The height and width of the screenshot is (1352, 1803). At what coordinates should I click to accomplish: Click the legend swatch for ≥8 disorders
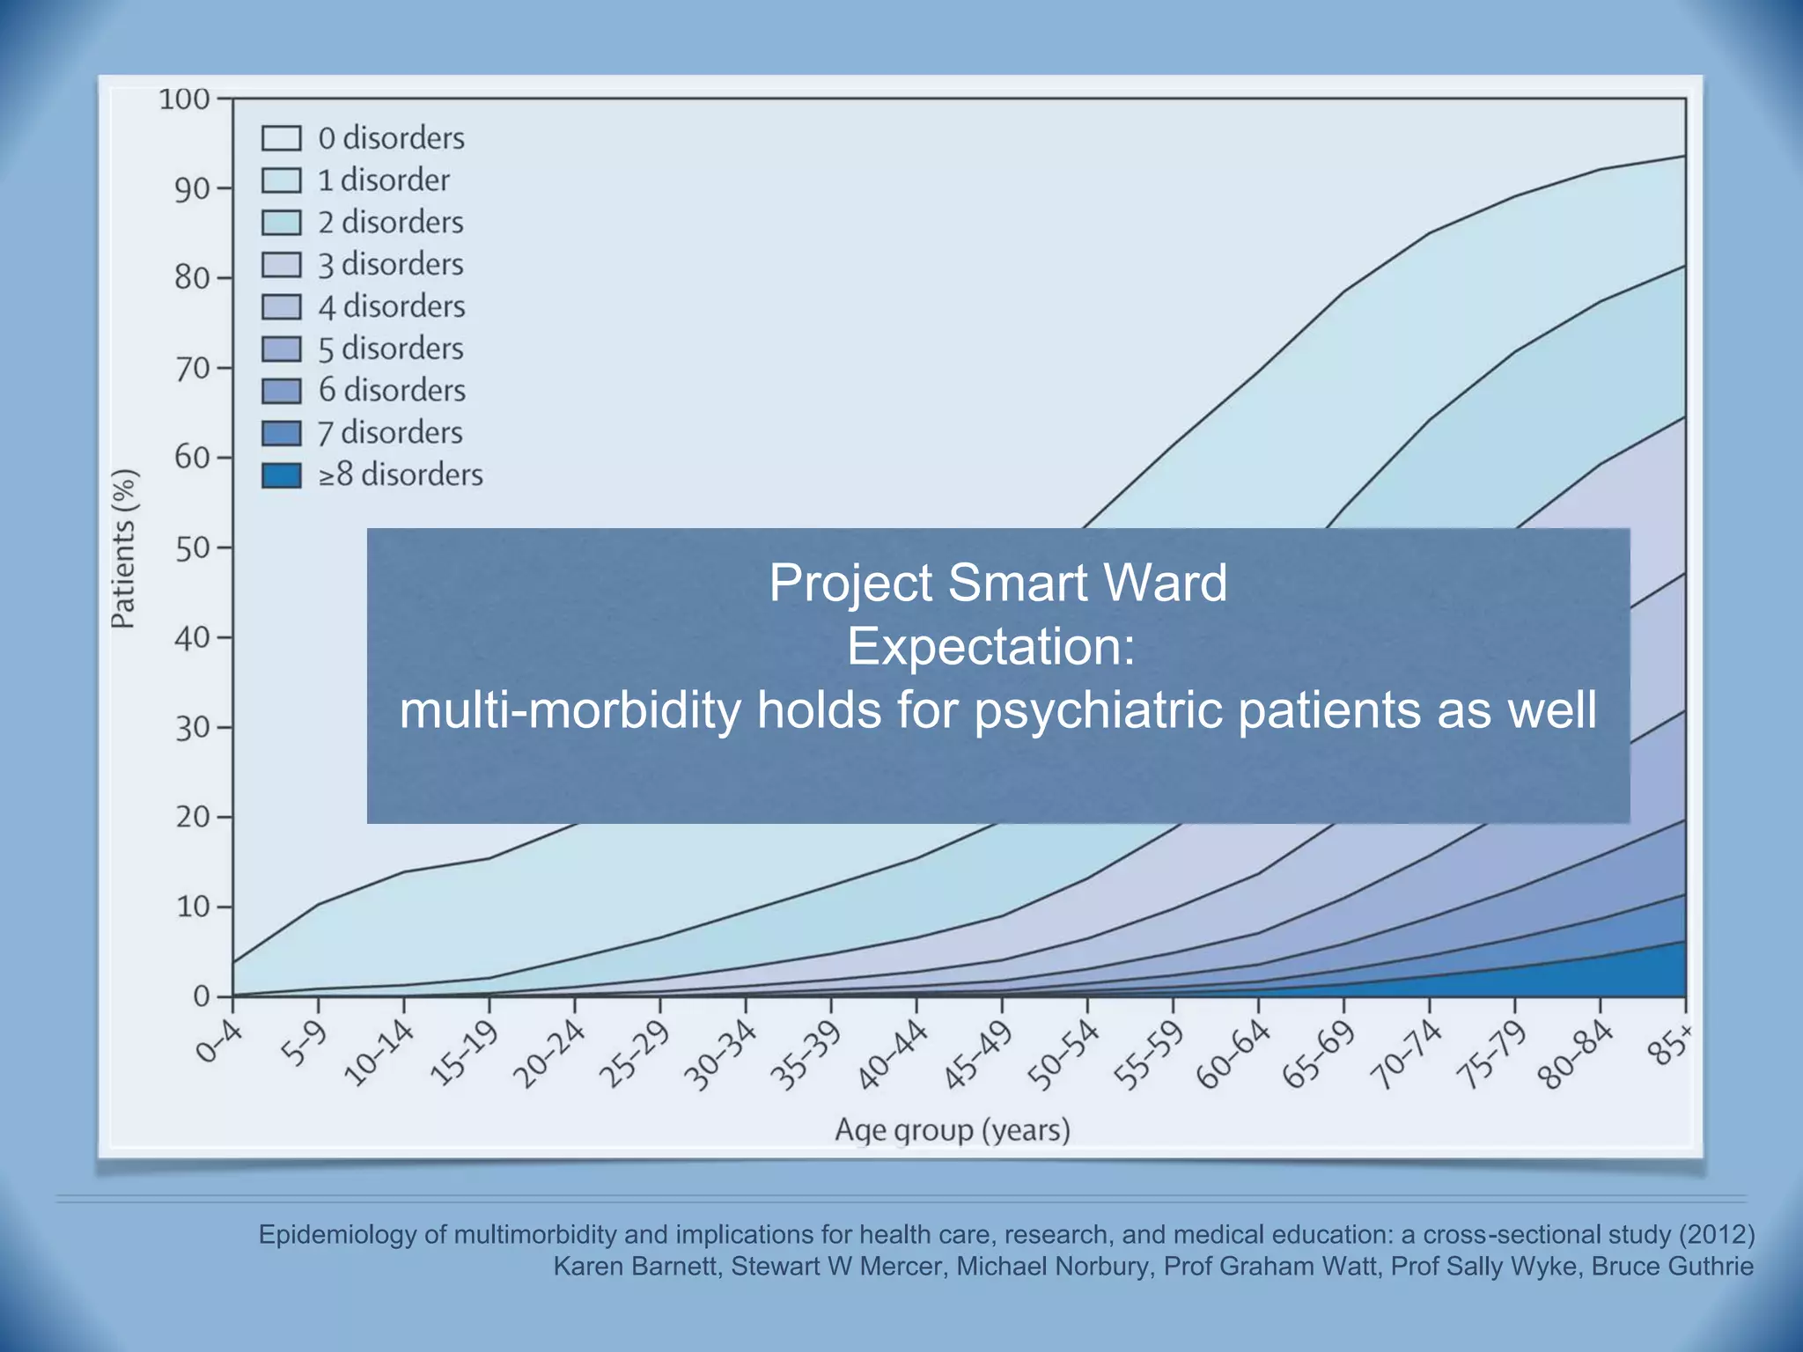pyautogui.click(x=282, y=475)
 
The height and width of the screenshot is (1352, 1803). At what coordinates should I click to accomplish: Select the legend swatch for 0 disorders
pyautogui.click(x=282, y=138)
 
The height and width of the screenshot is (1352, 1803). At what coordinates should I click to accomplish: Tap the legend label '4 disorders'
pyautogui.click(x=392, y=306)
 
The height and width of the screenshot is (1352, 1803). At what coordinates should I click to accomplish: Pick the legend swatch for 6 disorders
pyautogui.click(x=282, y=391)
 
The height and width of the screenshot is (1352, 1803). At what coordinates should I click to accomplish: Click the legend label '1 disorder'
pyautogui.click(x=384, y=180)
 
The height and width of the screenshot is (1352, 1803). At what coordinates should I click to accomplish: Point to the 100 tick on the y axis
pyautogui.click(x=184, y=99)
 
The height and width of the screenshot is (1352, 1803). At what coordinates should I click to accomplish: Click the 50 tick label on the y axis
pyautogui.click(x=191, y=548)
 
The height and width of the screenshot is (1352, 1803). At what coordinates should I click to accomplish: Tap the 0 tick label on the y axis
pyautogui.click(x=202, y=997)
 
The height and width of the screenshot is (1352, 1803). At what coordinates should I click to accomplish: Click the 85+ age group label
pyautogui.click(x=1672, y=1045)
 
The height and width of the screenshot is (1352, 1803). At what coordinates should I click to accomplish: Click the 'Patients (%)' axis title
pyautogui.click(x=124, y=548)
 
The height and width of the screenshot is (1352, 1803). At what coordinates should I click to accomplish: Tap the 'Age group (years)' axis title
pyautogui.click(x=953, y=1129)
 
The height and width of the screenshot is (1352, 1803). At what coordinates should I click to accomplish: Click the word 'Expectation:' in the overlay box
pyautogui.click(x=991, y=647)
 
